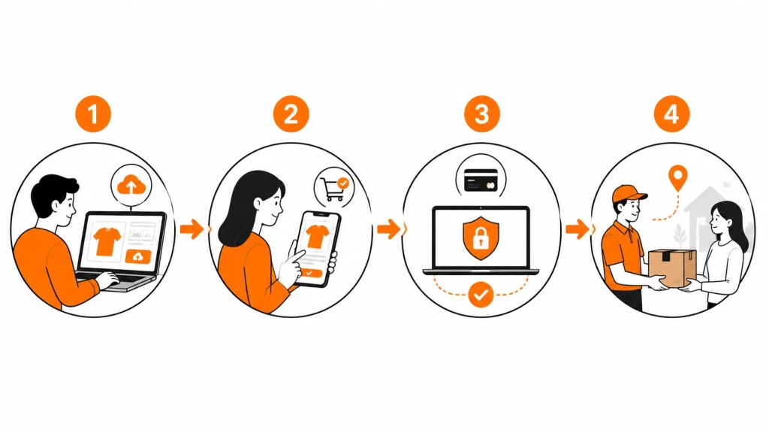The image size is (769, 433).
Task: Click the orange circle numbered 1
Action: coord(92,114)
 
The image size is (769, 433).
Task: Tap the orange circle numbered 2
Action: coord(291,114)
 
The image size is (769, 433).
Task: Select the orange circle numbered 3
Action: coord(481,114)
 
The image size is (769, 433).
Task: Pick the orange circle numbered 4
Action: coord(671,114)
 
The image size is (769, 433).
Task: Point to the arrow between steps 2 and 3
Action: coord(388,229)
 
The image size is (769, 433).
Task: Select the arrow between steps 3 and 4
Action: coord(578,229)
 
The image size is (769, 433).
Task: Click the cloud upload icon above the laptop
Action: coord(131,185)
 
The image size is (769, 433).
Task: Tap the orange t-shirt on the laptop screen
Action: coord(107,241)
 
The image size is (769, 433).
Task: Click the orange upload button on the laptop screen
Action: coord(138,256)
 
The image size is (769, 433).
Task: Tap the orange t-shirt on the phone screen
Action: coord(317,236)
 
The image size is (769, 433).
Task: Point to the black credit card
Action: coord(481,180)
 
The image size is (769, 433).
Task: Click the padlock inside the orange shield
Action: coord(480,238)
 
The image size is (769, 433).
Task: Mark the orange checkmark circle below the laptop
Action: coord(481,294)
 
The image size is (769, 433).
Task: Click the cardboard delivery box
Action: coord(672,268)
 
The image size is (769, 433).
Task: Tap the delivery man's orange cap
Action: coord(629,193)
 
